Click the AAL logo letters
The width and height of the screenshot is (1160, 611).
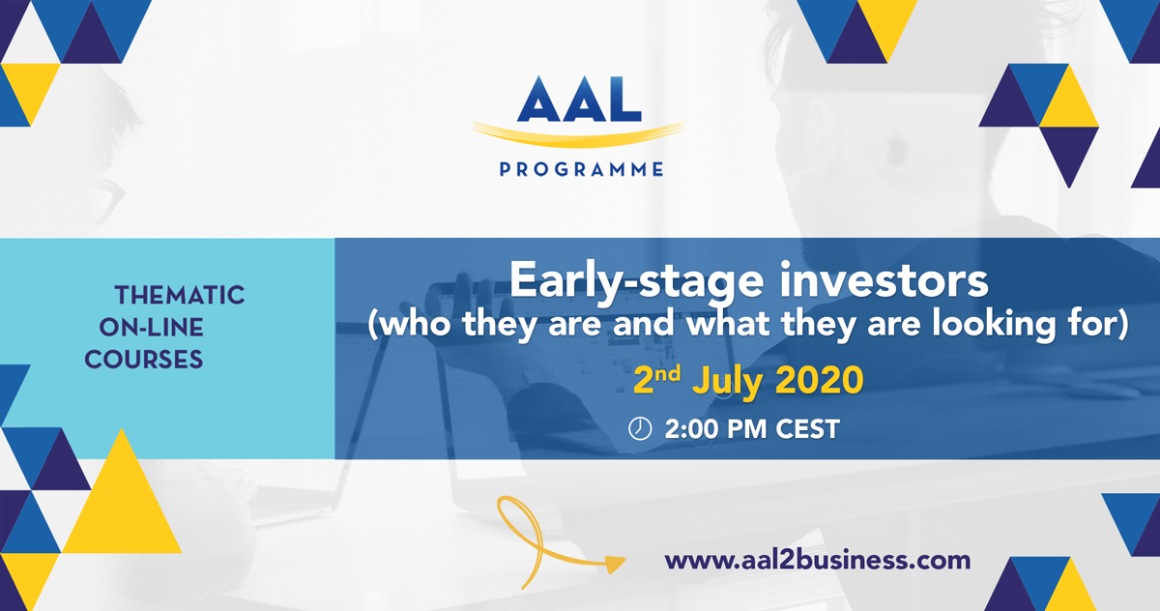point(579,99)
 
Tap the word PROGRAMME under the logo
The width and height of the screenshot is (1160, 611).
point(581,169)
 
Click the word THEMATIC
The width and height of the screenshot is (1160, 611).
point(180,295)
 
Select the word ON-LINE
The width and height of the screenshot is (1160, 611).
point(151,327)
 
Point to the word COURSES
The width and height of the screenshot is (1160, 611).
point(143,360)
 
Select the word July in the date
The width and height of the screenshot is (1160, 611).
point(727,382)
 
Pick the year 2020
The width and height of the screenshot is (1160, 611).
point(820,380)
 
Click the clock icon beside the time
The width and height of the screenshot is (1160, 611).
point(640,428)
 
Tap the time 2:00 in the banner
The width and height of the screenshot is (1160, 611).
point(692,429)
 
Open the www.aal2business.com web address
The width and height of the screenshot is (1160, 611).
point(818,561)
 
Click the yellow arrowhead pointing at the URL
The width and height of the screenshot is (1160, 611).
point(617,564)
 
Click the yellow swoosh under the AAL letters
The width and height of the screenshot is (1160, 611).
point(578,134)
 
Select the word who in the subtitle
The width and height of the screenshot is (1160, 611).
point(416,325)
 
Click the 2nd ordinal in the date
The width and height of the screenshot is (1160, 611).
point(656,379)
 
